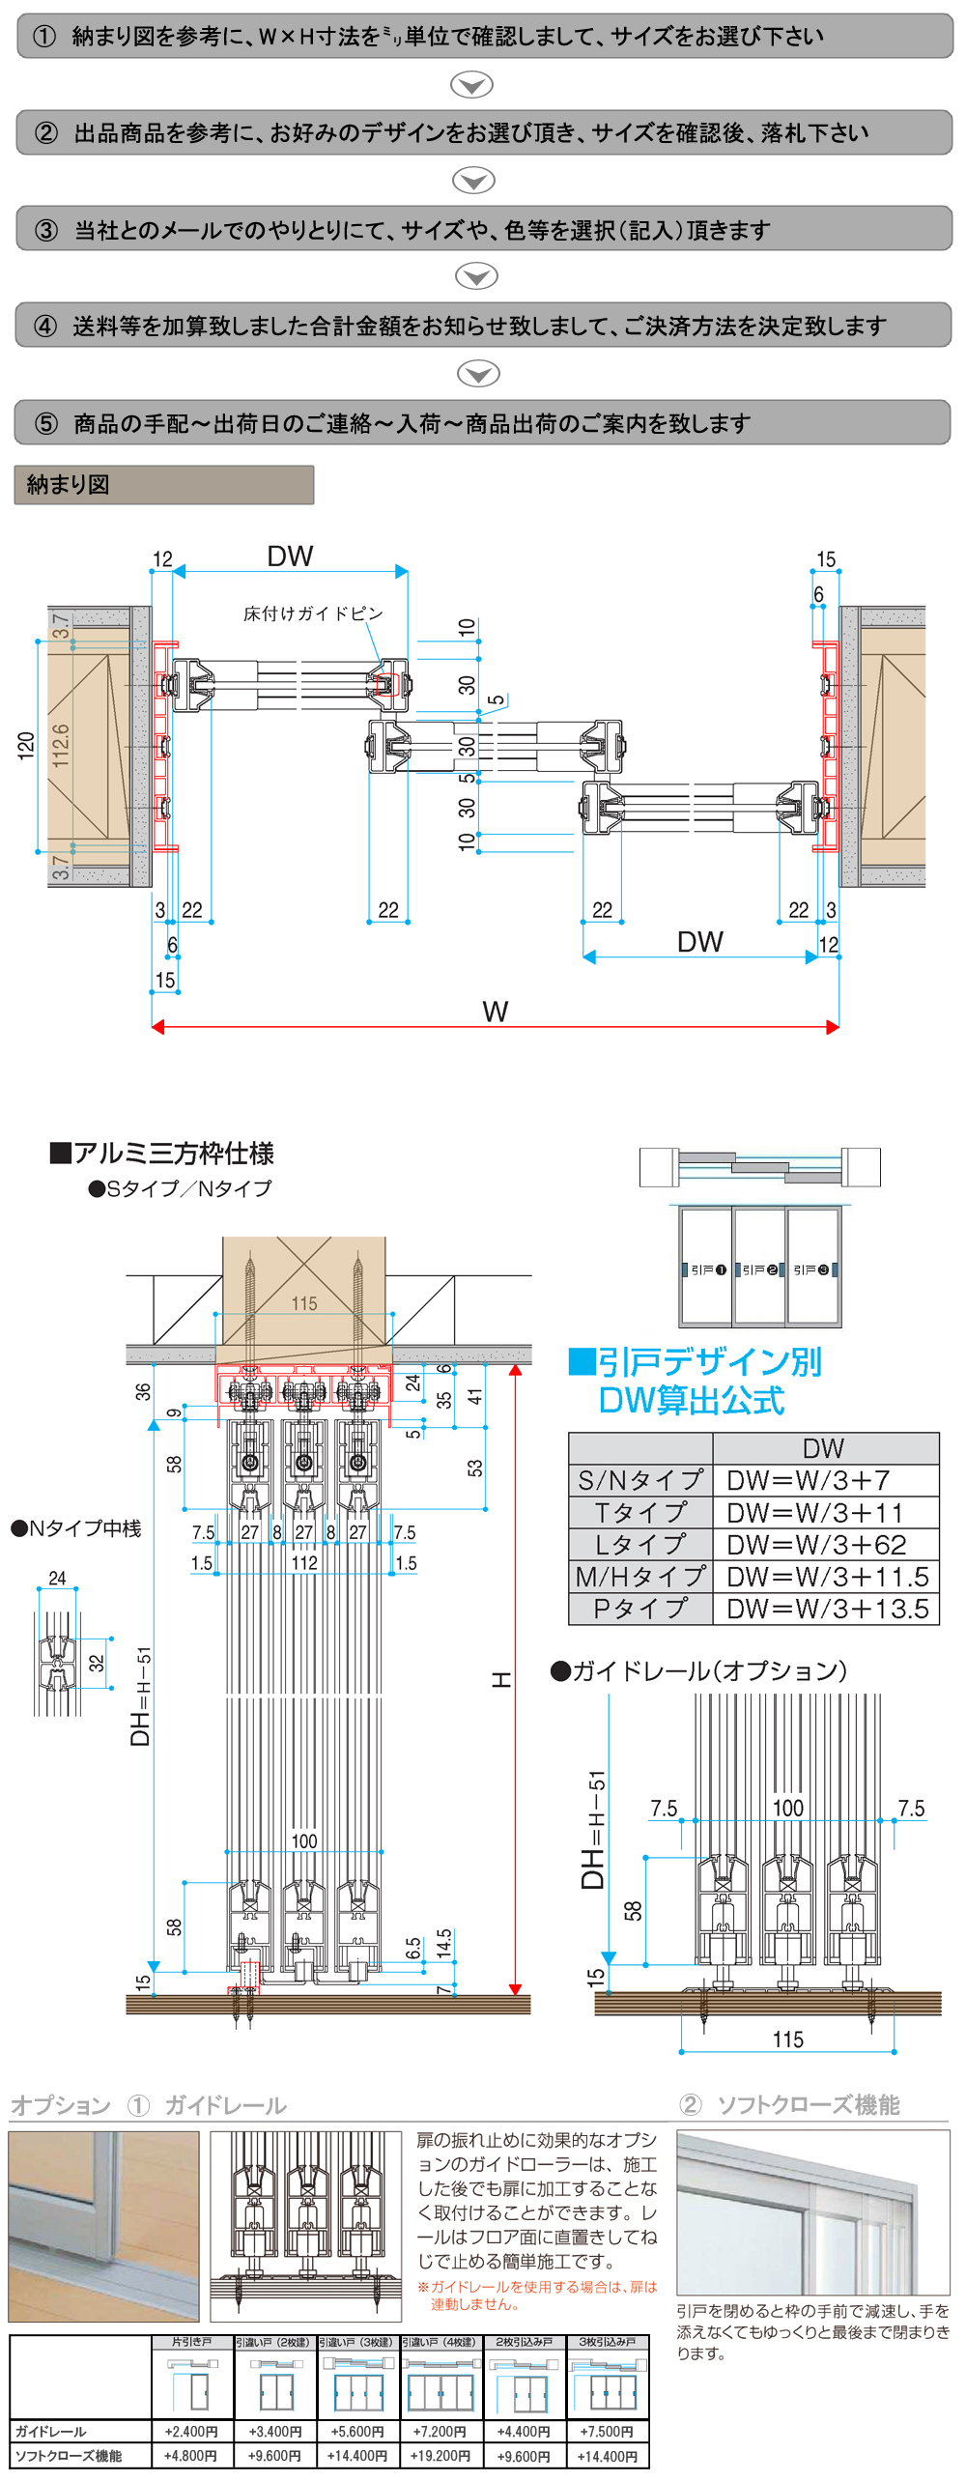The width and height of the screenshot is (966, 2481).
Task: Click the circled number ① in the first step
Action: click(44, 37)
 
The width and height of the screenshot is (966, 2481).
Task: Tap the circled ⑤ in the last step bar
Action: click(46, 424)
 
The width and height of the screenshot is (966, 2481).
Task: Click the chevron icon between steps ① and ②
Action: click(472, 85)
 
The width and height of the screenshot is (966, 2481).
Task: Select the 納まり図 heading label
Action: click(69, 485)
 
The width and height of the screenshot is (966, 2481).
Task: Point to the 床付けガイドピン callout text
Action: click(313, 613)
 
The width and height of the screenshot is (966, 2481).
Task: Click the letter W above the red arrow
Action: click(495, 1012)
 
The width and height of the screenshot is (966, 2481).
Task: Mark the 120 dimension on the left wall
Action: click(26, 746)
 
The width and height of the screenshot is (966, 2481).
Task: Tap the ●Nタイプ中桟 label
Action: click(76, 1528)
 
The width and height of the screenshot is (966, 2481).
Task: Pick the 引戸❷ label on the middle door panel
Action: click(760, 1269)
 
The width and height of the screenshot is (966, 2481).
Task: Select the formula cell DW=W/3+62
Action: click(816, 1545)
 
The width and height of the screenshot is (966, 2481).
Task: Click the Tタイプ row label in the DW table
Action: click(640, 1513)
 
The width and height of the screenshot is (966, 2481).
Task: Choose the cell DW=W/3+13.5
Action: click(827, 1609)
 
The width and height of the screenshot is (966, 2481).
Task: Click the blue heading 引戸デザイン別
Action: click(696, 1362)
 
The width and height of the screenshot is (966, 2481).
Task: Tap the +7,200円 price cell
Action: click(440, 2431)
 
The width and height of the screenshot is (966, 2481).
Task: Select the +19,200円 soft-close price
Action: click(440, 2455)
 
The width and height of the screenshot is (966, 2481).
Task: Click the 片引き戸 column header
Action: click(191, 2342)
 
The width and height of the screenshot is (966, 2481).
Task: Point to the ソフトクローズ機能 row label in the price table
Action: click(69, 2455)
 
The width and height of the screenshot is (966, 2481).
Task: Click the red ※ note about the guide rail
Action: click(537, 2296)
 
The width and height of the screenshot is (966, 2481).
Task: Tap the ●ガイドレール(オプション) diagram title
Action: click(698, 1670)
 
